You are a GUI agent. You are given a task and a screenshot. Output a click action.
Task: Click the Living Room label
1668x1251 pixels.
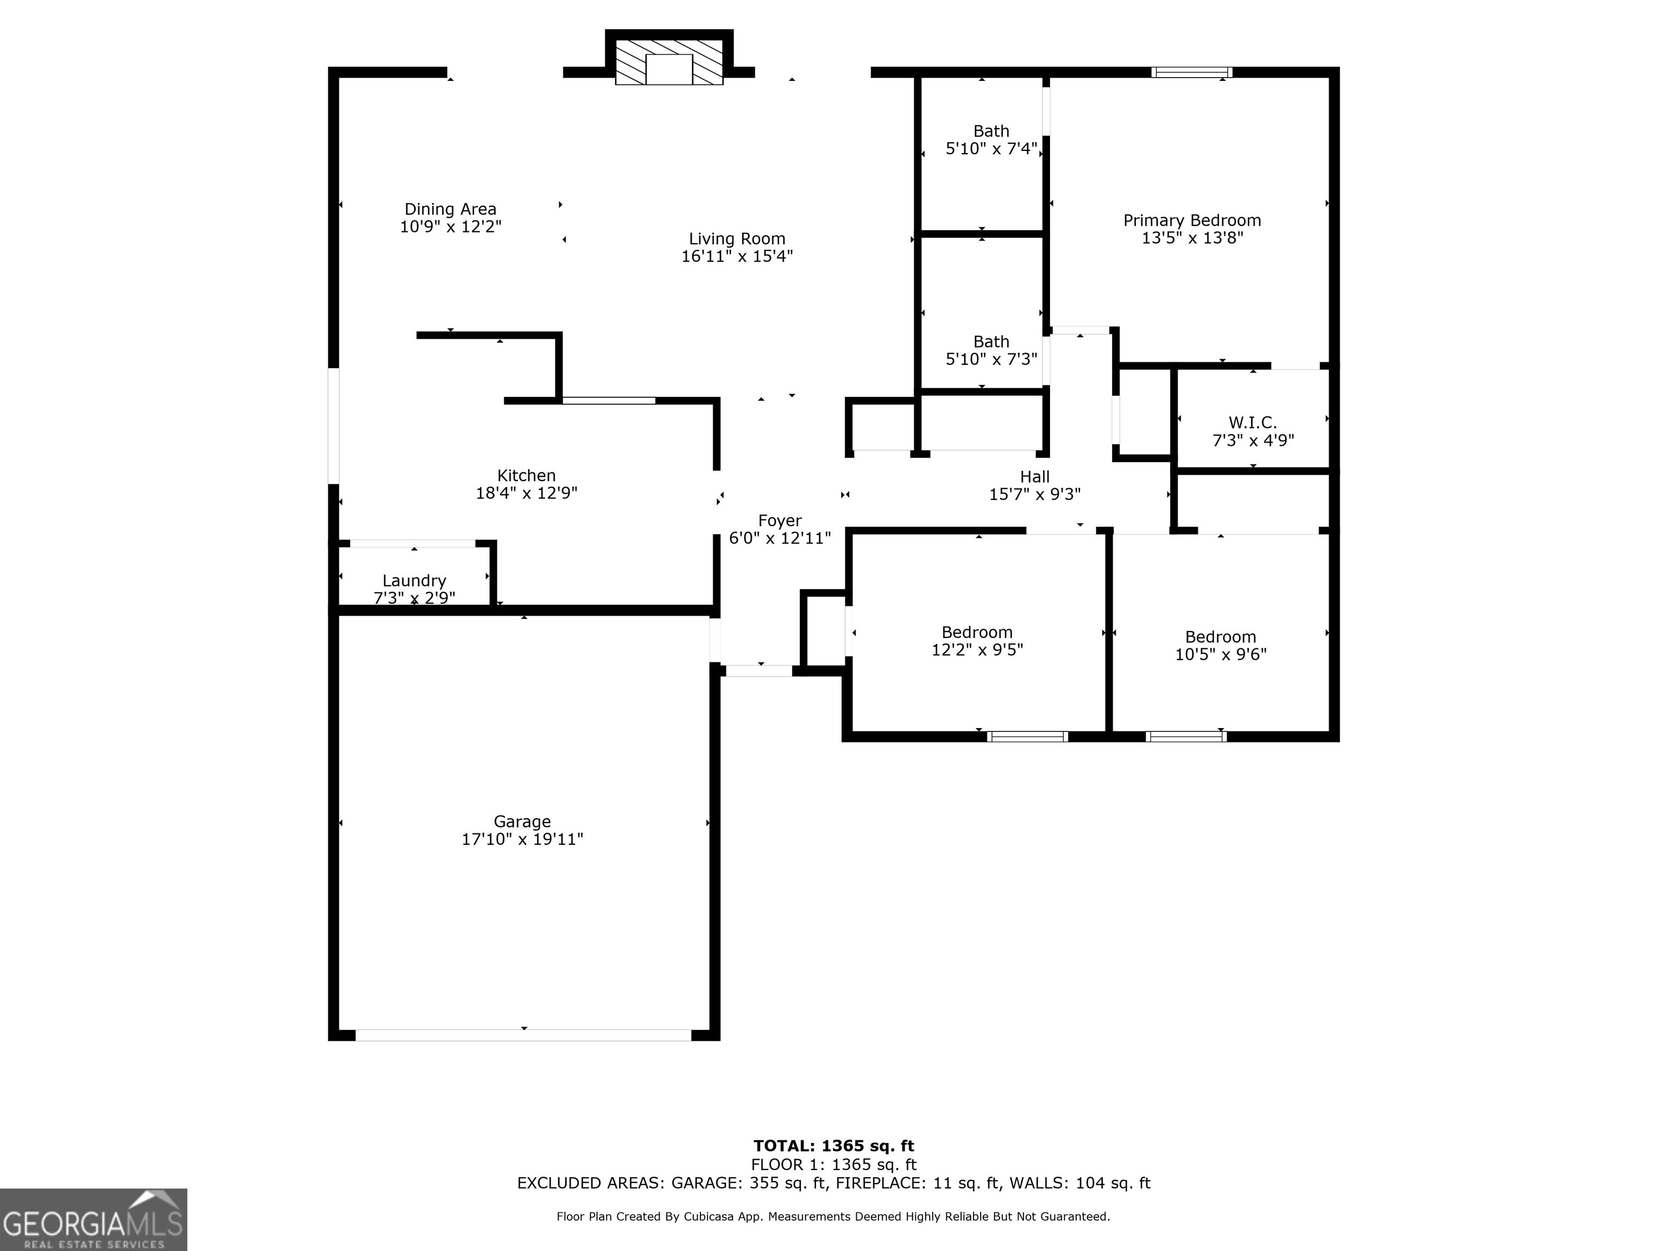click(x=737, y=239)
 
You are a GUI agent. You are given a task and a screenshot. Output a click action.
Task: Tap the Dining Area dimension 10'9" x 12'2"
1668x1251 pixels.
click(x=450, y=227)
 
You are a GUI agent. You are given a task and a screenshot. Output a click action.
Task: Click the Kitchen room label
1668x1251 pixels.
click(x=526, y=476)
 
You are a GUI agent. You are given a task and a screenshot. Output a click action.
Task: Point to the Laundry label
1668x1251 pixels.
click(x=414, y=580)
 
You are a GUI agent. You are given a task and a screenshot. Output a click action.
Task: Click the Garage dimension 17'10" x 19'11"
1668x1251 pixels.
click(x=522, y=839)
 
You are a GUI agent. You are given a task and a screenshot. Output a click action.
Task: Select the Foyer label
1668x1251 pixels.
click(x=780, y=521)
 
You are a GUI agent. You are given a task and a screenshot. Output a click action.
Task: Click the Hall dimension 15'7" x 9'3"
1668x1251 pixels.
click(x=1034, y=495)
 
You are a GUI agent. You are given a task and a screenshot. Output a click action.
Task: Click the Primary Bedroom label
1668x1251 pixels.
click(x=1191, y=221)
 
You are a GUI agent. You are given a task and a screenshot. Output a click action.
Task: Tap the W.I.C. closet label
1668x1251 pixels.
click(x=1253, y=423)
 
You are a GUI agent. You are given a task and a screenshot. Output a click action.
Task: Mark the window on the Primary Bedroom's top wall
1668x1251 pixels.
click(x=1191, y=72)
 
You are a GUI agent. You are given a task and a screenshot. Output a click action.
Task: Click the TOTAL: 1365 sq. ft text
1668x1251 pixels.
click(x=833, y=1146)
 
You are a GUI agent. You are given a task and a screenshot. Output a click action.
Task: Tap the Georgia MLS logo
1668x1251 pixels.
click(x=93, y=1220)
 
